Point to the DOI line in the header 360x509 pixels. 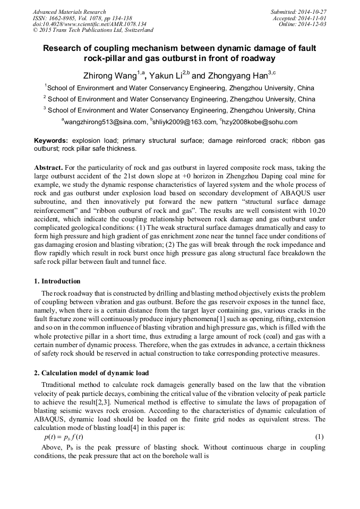(x=89, y=24)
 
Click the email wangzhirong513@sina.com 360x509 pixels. (x=105, y=122)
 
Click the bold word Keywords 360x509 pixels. (x=51, y=141)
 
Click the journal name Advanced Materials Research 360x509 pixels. (x=70, y=12)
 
